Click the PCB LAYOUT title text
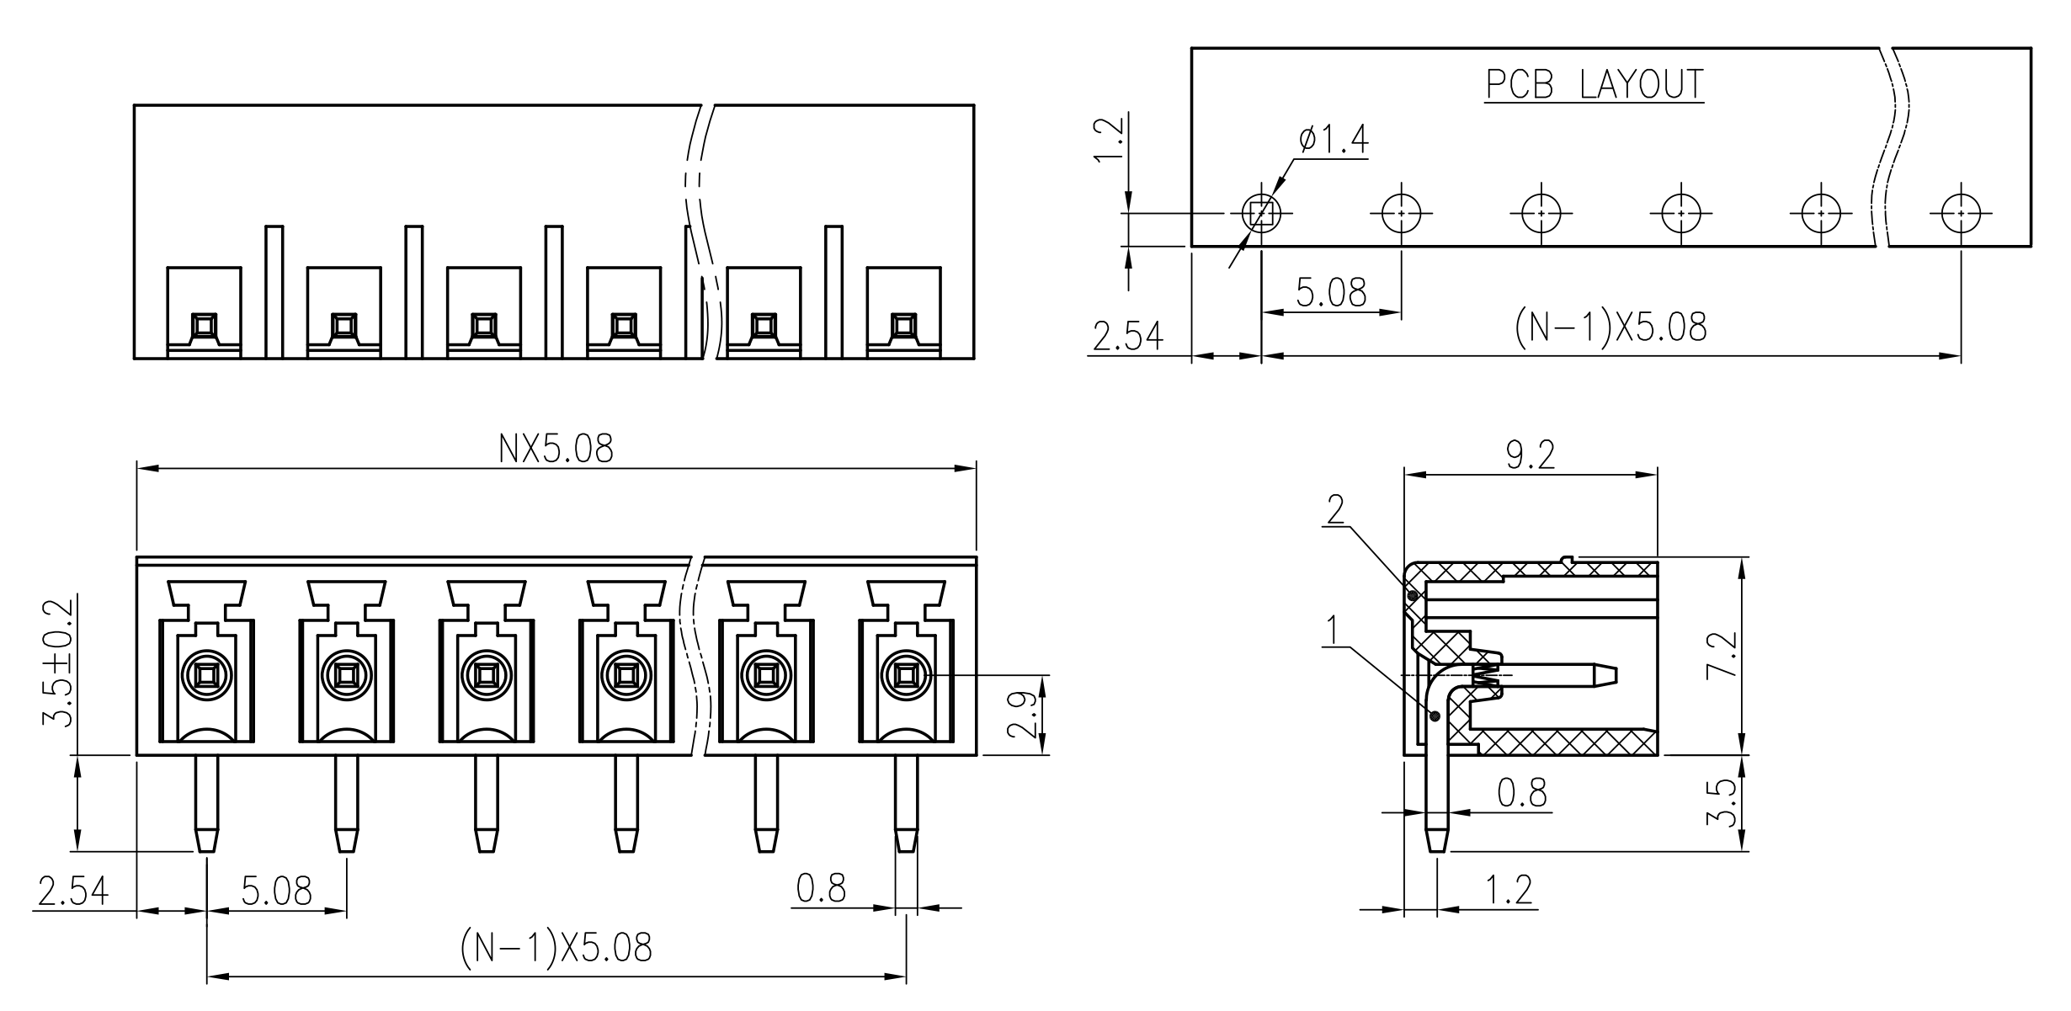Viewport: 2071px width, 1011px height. coord(1595,84)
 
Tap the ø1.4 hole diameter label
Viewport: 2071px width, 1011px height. coord(1334,140)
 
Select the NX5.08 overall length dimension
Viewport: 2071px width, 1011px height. coord(556,450)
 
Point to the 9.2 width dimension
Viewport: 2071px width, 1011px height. coord(1531,456)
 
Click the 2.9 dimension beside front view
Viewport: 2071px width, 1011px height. coord(1022,715)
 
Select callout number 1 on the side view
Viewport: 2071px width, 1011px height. coord(1332,631)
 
